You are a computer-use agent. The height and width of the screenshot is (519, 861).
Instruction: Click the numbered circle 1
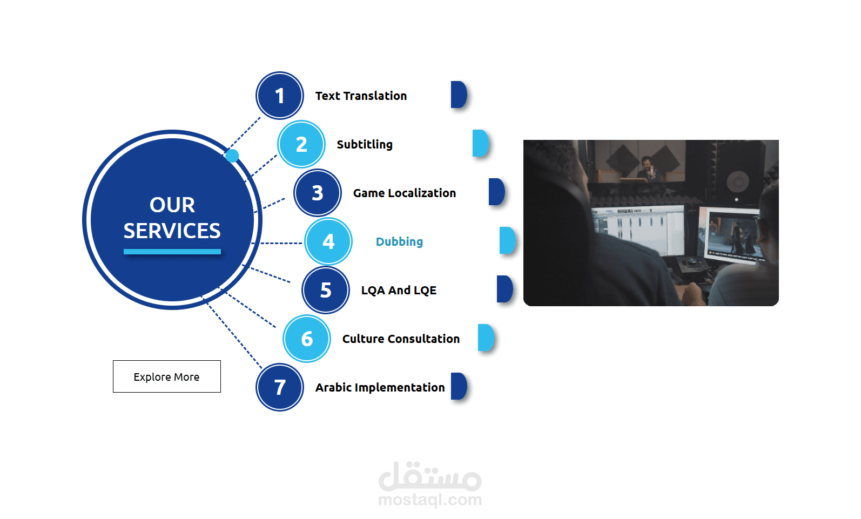tap(280, 96)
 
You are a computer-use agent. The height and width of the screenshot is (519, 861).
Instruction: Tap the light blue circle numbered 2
tap(301, 144)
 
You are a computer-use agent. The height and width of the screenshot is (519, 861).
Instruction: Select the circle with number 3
tap(318, 193)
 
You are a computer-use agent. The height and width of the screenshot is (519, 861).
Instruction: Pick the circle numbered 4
tap(328, 241)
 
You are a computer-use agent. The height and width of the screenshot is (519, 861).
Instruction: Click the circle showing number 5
tap(326, 290)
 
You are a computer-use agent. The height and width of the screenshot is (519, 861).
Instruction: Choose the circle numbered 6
tap(307, 339)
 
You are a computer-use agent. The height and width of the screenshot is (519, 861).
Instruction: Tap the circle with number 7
tap(280, 387)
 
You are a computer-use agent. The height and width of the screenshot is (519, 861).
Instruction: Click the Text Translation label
tap(361, 96)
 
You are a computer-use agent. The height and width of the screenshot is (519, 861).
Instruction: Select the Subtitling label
tap(365, 145)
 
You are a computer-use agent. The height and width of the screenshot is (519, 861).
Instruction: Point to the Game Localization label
tap(405, 193)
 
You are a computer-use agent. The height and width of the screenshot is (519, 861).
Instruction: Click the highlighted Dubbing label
tap(399, 242)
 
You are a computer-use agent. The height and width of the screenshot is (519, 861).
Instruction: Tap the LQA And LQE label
tap(399, 290)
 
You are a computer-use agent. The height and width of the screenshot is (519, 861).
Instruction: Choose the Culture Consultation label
tap(401, 339)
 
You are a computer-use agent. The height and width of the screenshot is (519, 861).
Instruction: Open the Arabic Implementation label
tap(380, 388)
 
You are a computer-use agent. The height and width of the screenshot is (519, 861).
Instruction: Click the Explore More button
tap(167, 376)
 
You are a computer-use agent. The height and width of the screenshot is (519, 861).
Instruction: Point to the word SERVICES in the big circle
tap(172, 231)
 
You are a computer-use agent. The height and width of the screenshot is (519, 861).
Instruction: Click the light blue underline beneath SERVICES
tap(172, 252)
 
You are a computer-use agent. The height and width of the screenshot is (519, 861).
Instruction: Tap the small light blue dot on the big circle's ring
tap(232, 156)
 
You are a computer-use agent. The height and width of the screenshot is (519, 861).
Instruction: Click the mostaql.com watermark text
tap(430, 500)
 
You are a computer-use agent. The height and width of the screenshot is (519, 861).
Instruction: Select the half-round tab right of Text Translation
tap(459, 95)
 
